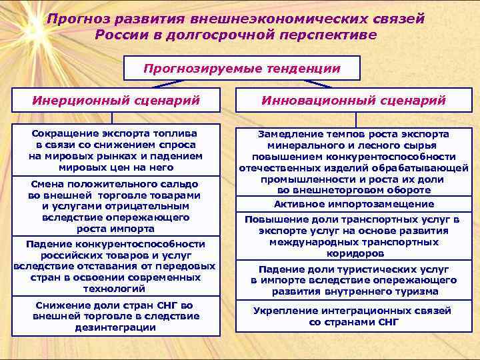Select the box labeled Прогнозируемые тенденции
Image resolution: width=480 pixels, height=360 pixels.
click(242, 68)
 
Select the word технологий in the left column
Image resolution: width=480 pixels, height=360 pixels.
click(114, 289)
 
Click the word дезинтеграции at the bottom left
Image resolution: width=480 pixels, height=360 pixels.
click(116, 327)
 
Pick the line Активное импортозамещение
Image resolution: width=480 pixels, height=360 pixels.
click(354, 204)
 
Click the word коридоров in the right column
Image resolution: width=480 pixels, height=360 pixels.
click(355, 253)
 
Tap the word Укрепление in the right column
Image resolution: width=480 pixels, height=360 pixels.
click(283, 311)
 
